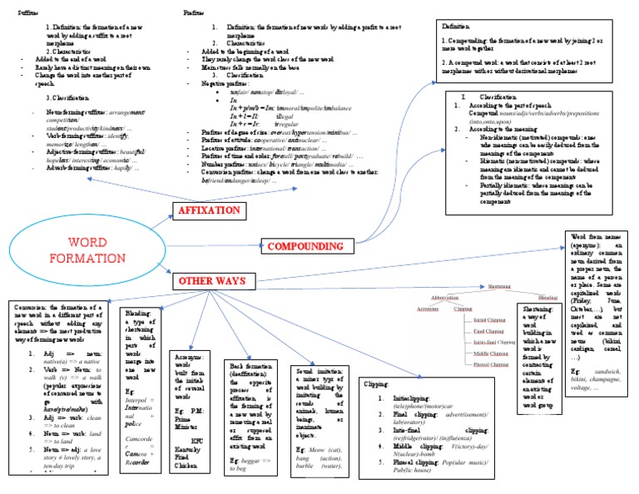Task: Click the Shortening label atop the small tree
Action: pyautogui.click(x=498, y=287)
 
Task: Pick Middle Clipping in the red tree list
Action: pyautogui.click(x=490, y=353)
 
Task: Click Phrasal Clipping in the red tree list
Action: pyautogui.click(x=490, y=364)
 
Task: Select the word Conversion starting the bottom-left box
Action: pyautogui.click(x=30, y=308)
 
